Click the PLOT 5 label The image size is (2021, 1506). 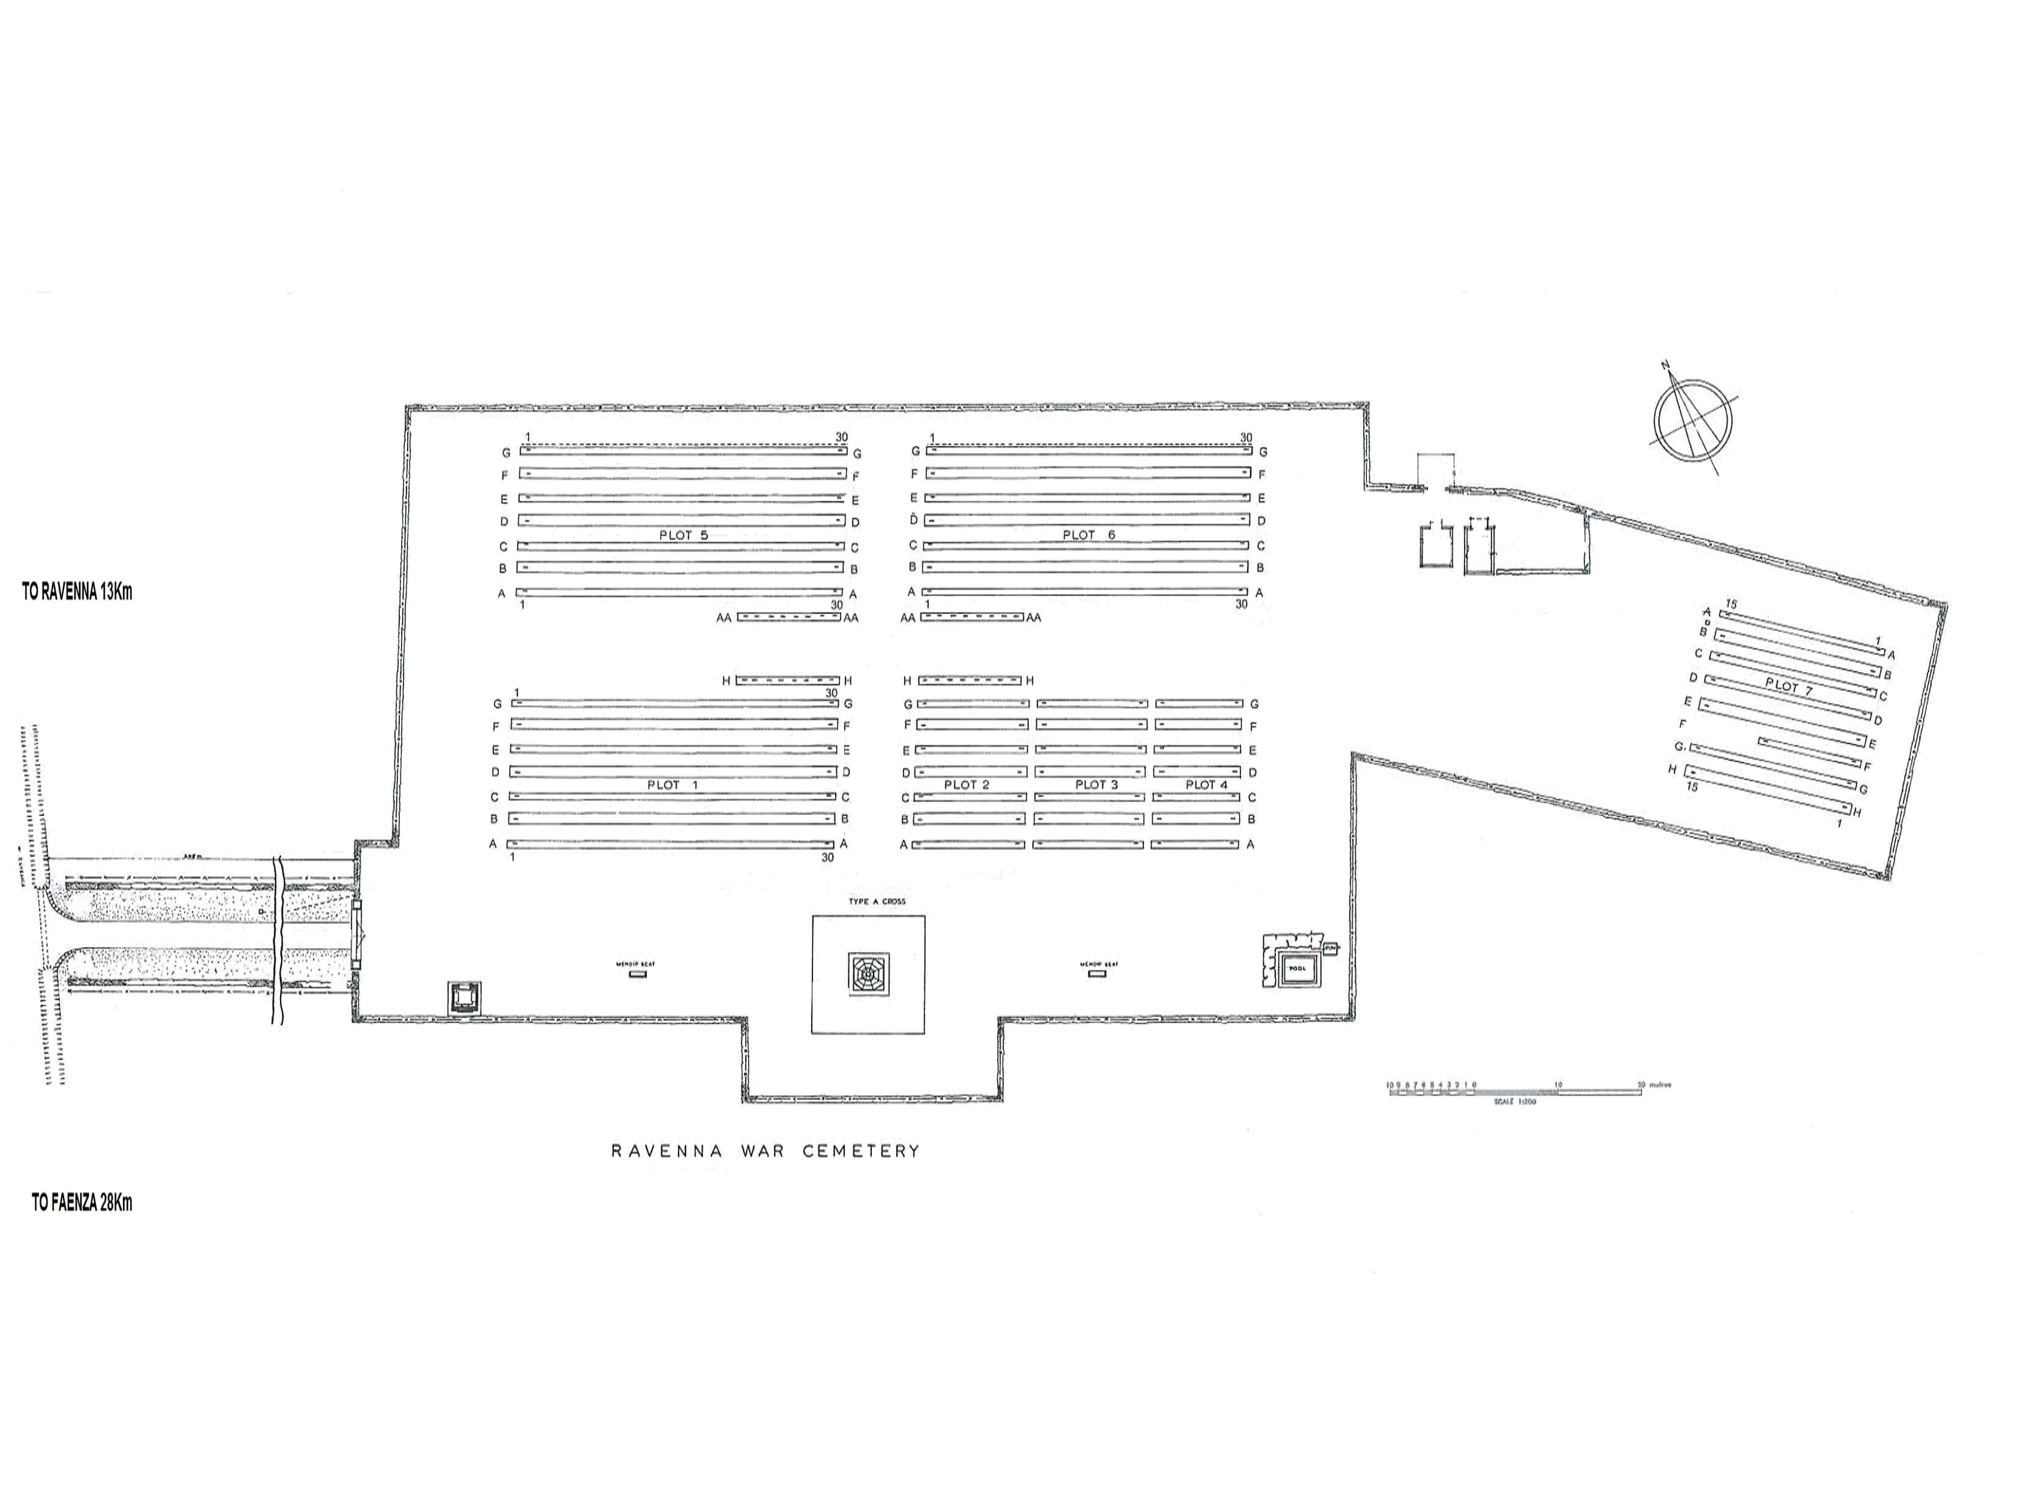683,535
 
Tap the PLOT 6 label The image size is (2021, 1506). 1089,535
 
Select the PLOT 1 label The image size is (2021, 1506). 672,785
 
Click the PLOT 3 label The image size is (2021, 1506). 1096,785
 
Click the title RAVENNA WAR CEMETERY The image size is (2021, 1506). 765,1151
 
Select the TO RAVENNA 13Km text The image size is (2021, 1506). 77,592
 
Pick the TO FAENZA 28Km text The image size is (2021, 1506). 82,1203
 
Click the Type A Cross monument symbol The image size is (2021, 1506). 868,975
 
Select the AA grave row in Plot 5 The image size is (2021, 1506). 788,617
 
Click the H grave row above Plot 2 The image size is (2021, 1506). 969,680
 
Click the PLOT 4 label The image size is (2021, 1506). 1206,785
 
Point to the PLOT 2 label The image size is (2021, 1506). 966,785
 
